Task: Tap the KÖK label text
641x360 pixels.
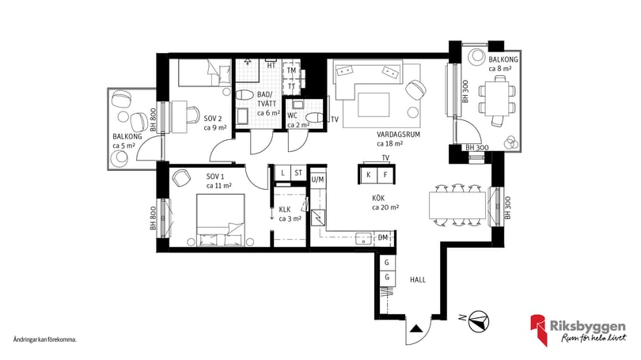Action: [378, 198]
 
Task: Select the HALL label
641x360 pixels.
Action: [418, 280]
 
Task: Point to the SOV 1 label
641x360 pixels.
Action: [215, 177]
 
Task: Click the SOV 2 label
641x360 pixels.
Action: [213, 119]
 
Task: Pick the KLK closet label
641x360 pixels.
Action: [285, 210]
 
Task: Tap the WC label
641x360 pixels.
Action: [292, 116]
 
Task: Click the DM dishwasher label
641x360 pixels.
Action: [383, 237]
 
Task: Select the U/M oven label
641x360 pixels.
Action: [317, 180]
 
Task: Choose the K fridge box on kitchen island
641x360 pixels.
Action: [368, 176]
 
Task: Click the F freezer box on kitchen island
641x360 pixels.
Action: [385, 176]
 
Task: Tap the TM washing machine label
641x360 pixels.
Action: [291, 70]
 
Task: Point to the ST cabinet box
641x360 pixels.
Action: [298, 172]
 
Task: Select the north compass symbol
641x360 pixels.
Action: [479, 320]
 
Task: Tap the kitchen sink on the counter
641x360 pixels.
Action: [363, 239]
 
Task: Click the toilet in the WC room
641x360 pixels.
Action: [314, 117]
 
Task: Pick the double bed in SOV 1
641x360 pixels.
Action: [221, 220]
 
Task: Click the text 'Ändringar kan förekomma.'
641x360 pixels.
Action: [45, 339]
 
